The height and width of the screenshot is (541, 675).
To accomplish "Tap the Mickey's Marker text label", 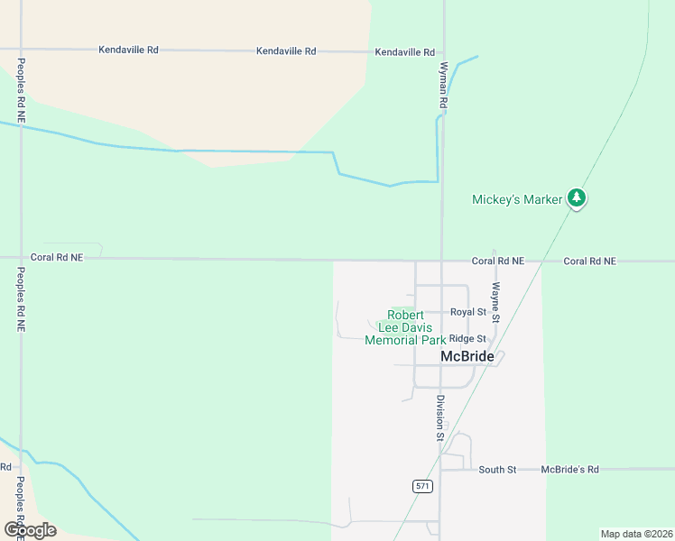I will tap(517, 199).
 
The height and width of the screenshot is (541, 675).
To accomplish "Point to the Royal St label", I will tap(468, 312).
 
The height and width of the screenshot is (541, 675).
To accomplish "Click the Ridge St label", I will tap(467, 339).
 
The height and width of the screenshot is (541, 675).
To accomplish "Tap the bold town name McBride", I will tap(467, 357).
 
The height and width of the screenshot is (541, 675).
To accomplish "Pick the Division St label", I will tap(440, 417).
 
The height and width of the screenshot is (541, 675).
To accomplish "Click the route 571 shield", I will tap(423, 486).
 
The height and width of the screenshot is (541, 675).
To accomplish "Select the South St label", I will tap(497, 470).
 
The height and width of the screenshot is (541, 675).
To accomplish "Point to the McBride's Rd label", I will tap(569, 470).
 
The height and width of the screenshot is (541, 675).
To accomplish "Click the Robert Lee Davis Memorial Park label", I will tap(405, 328).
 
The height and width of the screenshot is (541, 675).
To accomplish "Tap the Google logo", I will tap(30, 529).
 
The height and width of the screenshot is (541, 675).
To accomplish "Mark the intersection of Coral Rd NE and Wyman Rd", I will tap(441, 261).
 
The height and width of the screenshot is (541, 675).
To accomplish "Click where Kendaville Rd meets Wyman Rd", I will tap(443, 52).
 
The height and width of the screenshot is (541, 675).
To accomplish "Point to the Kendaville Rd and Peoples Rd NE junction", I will tap(20, 49).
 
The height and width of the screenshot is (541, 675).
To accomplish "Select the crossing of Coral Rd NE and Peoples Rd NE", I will tap(20, 258).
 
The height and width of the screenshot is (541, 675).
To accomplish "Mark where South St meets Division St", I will tap(440, 470).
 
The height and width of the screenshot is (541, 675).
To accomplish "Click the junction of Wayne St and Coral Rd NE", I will tap(495, 261).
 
